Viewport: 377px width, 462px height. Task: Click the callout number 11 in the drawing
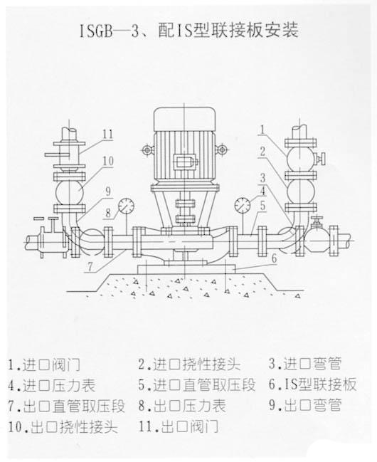pos(108,135)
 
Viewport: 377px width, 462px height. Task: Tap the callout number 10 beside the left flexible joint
pos(108,161)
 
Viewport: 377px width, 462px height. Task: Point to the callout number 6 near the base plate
pos(274,258)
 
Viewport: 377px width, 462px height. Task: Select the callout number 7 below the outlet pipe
pos(91,268)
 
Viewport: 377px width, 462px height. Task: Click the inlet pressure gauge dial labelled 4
pos(243,205)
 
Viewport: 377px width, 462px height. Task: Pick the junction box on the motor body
pos(184,162)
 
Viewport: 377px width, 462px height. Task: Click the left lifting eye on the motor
pos(147,150)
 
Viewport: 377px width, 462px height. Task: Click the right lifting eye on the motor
pos(221,149)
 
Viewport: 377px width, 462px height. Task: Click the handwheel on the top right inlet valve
pos(324,159)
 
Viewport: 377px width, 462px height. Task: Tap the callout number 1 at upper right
pos(263,130)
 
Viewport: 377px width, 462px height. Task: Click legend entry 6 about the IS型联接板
pos(313,384)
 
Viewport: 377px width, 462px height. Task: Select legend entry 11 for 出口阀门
pos(179,426)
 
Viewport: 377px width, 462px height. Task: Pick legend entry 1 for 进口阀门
pos(44,365)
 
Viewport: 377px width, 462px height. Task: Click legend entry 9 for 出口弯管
pos(305,405)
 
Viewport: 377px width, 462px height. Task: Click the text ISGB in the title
pos(96,31)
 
